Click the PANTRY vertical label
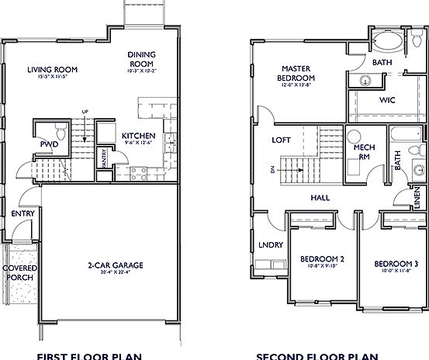point(104,157)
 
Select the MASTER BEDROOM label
point(297,73)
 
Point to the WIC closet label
point(387,100)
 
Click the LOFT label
point(281,140)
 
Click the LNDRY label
point(270,245)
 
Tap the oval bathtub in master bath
point(386,41)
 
